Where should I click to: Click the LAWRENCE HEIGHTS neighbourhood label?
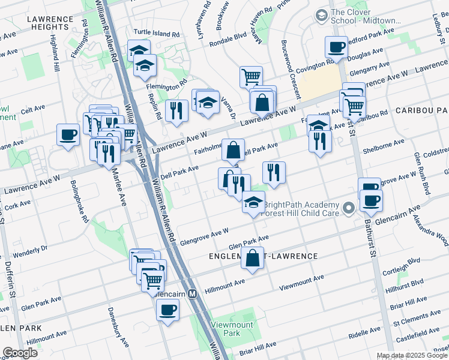tap(47, 23)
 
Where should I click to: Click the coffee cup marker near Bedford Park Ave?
tap(337, 47)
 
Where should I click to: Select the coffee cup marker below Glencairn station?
tap(167, 310)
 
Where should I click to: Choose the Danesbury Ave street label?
tap(118, 328)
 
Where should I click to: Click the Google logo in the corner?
tap(20, 353)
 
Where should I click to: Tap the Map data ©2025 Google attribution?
tap(411, 355)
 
